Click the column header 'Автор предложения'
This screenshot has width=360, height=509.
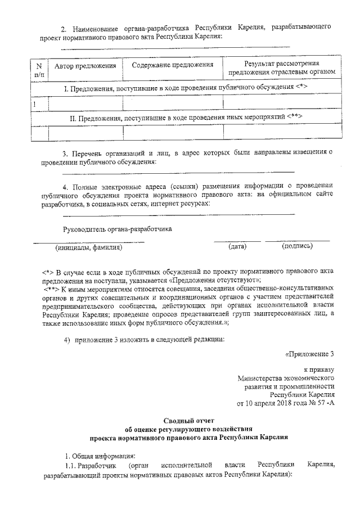(x=85, y=66)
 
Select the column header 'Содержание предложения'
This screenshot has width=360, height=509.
(x=173, y=66)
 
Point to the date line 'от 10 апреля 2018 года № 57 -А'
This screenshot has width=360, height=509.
(x=287, y=404)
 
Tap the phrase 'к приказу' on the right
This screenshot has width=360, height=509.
(x=319, y=370)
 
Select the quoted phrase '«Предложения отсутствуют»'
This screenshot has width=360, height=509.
(x=214, y=280)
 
